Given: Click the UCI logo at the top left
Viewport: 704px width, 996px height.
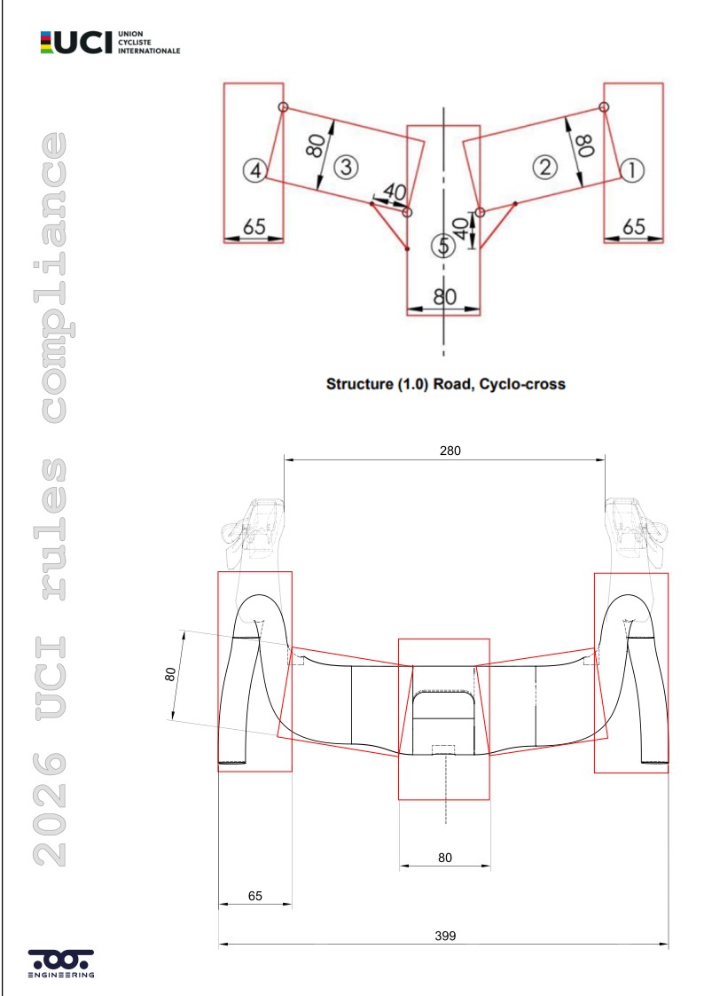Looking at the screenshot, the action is tap(110, 42).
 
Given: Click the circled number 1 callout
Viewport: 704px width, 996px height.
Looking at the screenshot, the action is tap(631, 170).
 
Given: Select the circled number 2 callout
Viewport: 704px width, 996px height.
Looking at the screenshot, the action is tap(544, 167).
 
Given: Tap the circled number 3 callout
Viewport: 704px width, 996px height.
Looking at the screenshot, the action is tap(346, 167).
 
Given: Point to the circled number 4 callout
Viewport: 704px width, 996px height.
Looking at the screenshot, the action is tap(255, 170).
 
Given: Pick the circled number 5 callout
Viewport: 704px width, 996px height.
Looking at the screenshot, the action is tap(443, 246).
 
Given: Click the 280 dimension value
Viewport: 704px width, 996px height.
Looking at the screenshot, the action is tap(450, 451).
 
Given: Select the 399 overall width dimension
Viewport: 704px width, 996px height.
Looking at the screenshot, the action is tap(445, 936).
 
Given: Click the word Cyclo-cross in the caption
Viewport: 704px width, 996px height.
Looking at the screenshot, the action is tap(522, 384).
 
